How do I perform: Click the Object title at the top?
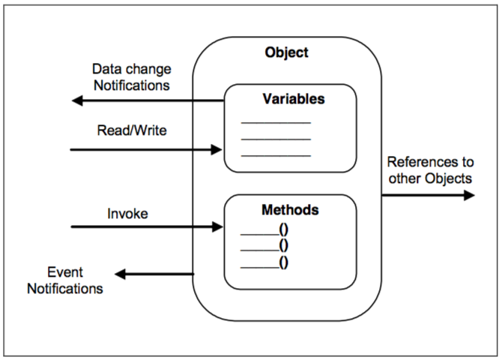(x=286, y=53)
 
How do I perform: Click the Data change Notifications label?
(x=131, y=77)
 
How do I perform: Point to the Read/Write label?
(x=132, y=130)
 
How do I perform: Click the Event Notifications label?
(x=65, y=279)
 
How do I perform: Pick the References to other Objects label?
(x=429, y=170)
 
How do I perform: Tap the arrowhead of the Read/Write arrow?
(x=218, y=150)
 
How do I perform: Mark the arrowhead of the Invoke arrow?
(x=218, y=226)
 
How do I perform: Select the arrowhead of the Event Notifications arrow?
(x=121, y=274)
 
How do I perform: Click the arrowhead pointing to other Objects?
(x=469, y=196)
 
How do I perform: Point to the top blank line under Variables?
(x=275, y=122)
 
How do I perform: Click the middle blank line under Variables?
(x=275, y=139)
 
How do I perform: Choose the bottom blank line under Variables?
(x=275, y=155)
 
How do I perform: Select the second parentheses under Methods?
(x=284, y=246)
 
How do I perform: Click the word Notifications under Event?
(x=65, y=287)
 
